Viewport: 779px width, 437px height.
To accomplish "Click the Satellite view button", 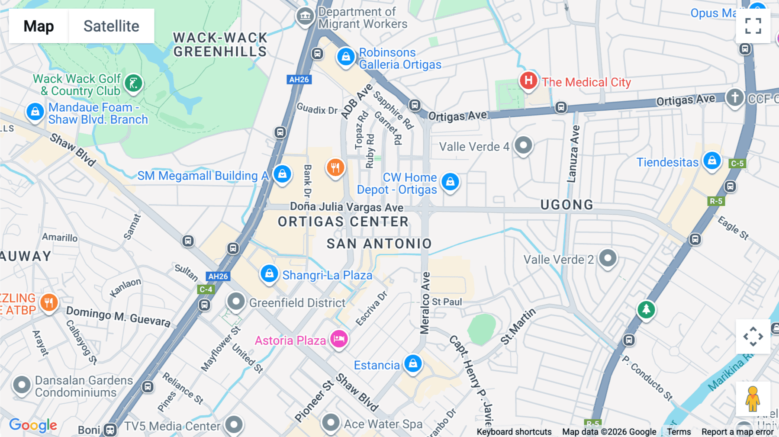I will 111,26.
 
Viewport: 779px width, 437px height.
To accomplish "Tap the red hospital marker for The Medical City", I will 528,80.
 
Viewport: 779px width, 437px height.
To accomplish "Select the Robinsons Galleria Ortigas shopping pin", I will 346,57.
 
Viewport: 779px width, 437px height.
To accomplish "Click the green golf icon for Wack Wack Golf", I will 133,83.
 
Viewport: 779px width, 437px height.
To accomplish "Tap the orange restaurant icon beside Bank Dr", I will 335,167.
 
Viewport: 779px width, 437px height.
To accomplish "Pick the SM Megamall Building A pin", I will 282,174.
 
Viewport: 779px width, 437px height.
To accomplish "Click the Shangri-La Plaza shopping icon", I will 269,274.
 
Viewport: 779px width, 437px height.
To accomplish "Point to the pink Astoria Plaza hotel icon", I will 339,339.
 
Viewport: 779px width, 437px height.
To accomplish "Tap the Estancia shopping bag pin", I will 413,364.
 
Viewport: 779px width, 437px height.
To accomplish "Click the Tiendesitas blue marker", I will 712,161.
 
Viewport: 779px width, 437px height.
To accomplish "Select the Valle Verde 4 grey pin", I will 523,145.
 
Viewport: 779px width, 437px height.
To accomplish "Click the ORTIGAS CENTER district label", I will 343,222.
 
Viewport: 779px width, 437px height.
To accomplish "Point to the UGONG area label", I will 567,205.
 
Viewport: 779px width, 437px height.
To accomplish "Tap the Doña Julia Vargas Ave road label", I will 347,207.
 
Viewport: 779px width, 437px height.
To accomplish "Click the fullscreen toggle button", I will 753,26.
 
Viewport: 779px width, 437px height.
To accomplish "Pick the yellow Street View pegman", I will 753,398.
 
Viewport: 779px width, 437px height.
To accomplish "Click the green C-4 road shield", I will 206,289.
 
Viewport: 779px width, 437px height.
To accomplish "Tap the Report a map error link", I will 737,432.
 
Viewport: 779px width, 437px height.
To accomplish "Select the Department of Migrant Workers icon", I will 305,17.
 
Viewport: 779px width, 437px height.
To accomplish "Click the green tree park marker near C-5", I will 646,309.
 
